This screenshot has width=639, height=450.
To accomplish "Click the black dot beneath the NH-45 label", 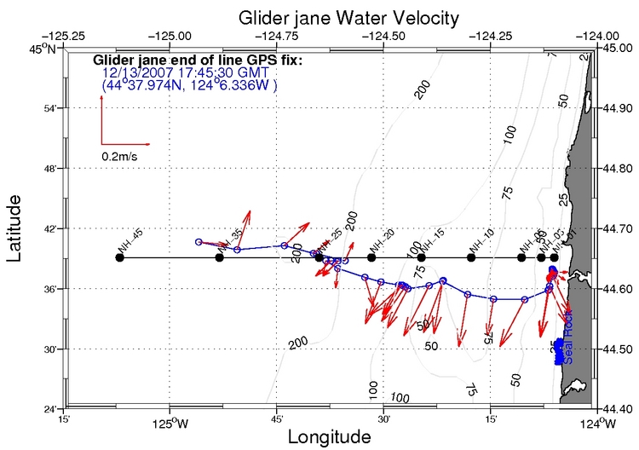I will click(x=119, y=257).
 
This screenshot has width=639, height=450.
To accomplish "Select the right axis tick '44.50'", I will click(x=618, y=349).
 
